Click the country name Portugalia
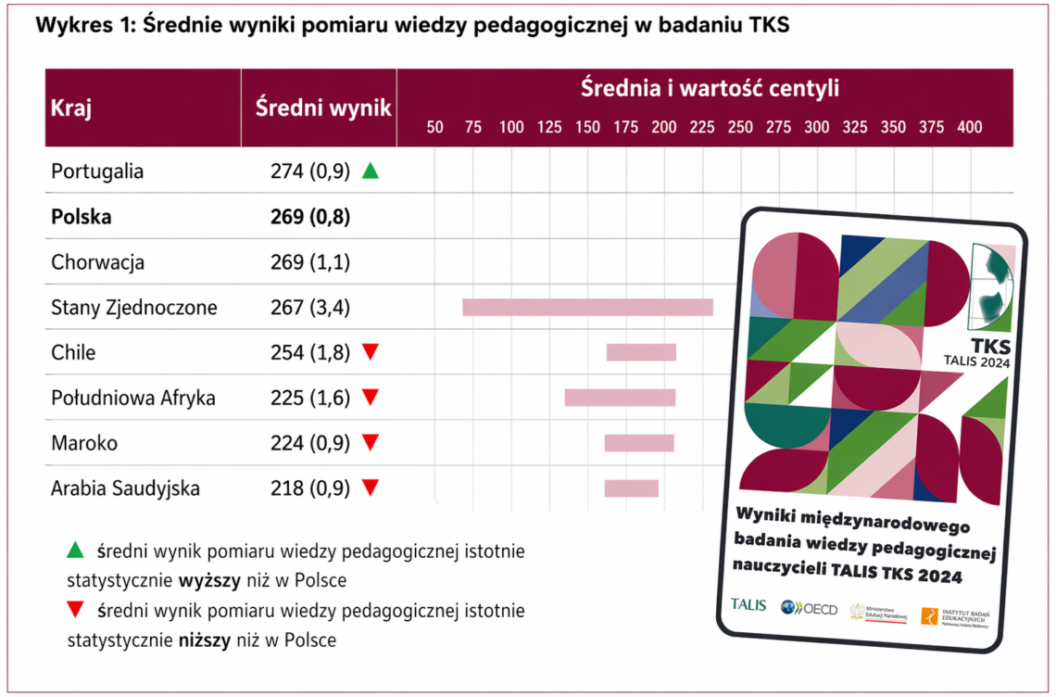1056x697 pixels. [97, 171]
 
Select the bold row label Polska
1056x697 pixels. [82, 217]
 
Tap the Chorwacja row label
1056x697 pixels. [97, 262]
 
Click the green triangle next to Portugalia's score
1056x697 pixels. [371, 171]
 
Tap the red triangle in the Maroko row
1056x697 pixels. [371, 442]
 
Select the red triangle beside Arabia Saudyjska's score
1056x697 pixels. [371, 488]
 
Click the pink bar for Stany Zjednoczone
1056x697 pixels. [587, 307]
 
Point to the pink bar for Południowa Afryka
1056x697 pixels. [620, 398]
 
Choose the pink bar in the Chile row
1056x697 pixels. [641, 352]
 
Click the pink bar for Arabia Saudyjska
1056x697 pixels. [631, 488]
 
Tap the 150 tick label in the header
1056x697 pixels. [587, 128]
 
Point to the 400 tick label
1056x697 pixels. [969, 128]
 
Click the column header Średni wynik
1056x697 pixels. [323, 108]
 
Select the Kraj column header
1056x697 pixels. [71, 108]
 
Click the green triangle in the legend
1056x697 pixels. [76, 551]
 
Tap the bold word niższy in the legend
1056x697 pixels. [203, 640]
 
